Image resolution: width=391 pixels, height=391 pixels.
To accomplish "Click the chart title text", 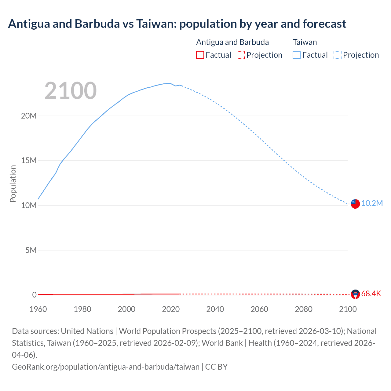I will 177,24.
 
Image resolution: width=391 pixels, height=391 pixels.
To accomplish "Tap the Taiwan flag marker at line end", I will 355,203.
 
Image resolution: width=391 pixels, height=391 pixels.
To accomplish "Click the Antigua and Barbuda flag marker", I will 355,294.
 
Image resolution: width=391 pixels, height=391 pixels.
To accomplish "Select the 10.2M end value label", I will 372,203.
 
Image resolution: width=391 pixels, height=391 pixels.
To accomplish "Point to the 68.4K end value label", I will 371,294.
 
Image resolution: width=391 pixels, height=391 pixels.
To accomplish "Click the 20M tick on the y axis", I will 29,116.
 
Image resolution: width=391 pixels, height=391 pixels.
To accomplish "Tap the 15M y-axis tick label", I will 29,161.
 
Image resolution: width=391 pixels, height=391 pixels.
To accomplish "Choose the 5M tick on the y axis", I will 31,250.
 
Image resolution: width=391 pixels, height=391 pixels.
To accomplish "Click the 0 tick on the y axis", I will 34,295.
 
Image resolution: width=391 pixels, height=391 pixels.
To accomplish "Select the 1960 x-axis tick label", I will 38,309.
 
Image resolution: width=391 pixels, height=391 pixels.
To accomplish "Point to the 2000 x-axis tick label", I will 126,309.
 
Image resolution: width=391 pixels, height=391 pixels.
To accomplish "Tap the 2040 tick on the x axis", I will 215,309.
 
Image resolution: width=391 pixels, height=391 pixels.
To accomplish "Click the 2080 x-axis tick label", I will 304,309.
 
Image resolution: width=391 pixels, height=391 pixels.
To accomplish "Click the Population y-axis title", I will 13,184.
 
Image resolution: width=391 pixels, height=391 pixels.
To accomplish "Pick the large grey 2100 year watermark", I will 71,91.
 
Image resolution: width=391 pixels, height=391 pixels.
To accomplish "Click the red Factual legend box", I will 200,55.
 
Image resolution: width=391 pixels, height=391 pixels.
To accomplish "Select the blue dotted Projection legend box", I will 338,55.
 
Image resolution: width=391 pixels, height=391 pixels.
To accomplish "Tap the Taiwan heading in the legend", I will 305,42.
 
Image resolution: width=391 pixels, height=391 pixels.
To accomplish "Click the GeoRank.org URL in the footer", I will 106,367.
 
